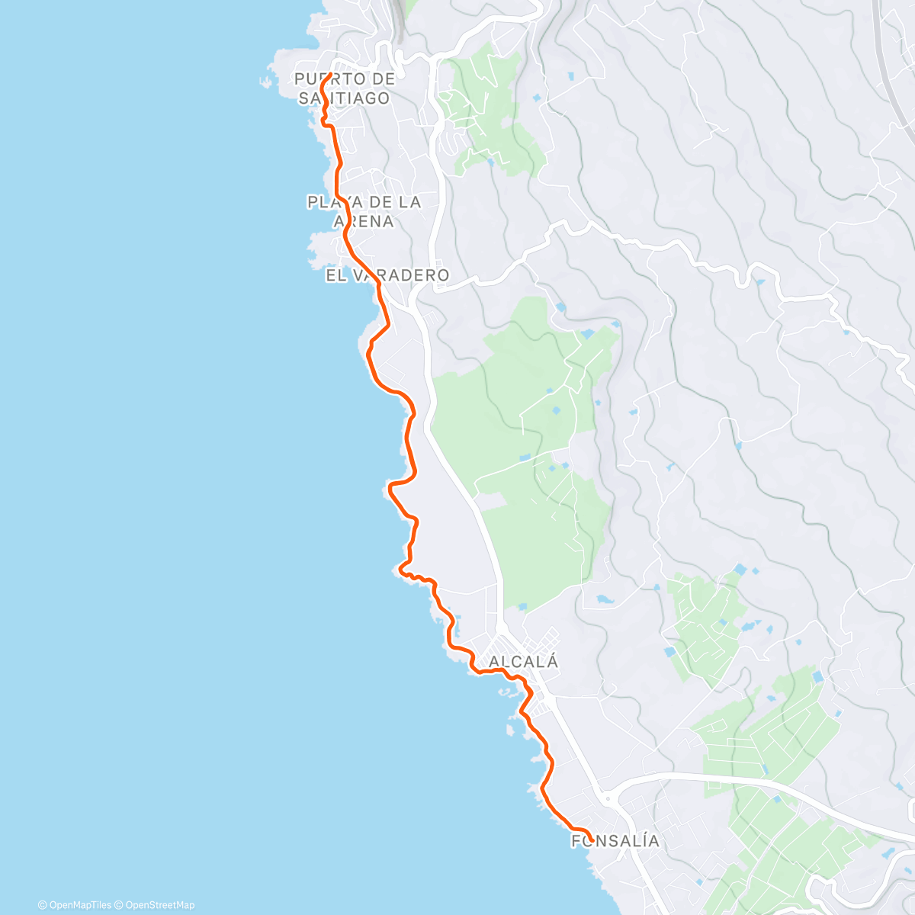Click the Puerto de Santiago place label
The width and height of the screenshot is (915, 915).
(x=345, y=88)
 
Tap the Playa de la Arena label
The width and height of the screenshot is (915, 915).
(x=364, y=211)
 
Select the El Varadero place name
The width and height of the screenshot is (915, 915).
(x=387, y=275)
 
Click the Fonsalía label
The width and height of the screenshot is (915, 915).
(x=615, y=841)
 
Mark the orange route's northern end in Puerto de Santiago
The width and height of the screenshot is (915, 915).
(x=330, y=75)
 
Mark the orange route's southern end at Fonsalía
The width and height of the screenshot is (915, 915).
(x=592, y=840)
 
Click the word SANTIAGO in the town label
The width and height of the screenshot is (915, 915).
(x=344, y=98)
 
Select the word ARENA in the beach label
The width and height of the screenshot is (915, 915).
(x=364, y=222)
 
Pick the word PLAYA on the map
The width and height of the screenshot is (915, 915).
(x=332, y=202)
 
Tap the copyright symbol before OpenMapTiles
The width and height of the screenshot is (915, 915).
(x=42, y=905)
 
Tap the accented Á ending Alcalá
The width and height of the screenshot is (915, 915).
(x=552, y=661)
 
